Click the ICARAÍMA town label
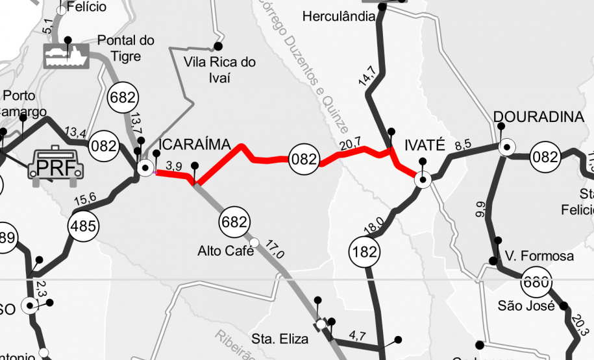click(195, 144)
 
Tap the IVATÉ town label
click(424, 144)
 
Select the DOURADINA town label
click(538, 117)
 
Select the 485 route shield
click(84, 226)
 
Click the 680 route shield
click(536, 282)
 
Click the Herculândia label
click(339, 16)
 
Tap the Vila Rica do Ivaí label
click(219, 70)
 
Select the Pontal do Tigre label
click(126, 48)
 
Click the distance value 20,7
click(349, 145)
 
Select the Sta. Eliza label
click(276, 338)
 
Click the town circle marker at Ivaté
click(423, 180)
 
